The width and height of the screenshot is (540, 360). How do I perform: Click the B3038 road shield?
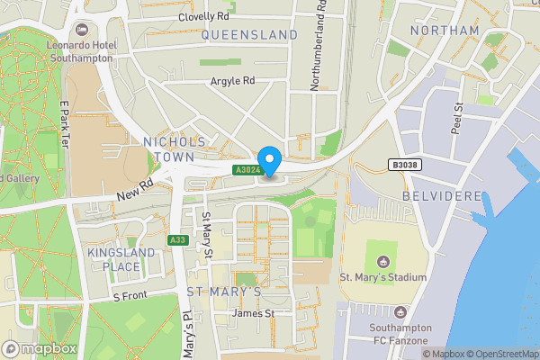[405, 165]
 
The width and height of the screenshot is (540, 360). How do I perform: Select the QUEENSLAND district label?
[249, 34]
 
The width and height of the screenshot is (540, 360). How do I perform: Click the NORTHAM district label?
[444, 31]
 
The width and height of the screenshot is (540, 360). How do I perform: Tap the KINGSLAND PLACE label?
[114, 260]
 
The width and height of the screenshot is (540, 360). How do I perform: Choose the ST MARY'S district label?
[223, 292]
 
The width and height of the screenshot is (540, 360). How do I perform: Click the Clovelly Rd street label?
[204, 16]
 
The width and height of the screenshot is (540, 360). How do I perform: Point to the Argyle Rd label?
[233, 81]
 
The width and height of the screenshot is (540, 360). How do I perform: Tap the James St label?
[253, 313]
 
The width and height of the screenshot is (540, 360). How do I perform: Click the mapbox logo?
[40, 348]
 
